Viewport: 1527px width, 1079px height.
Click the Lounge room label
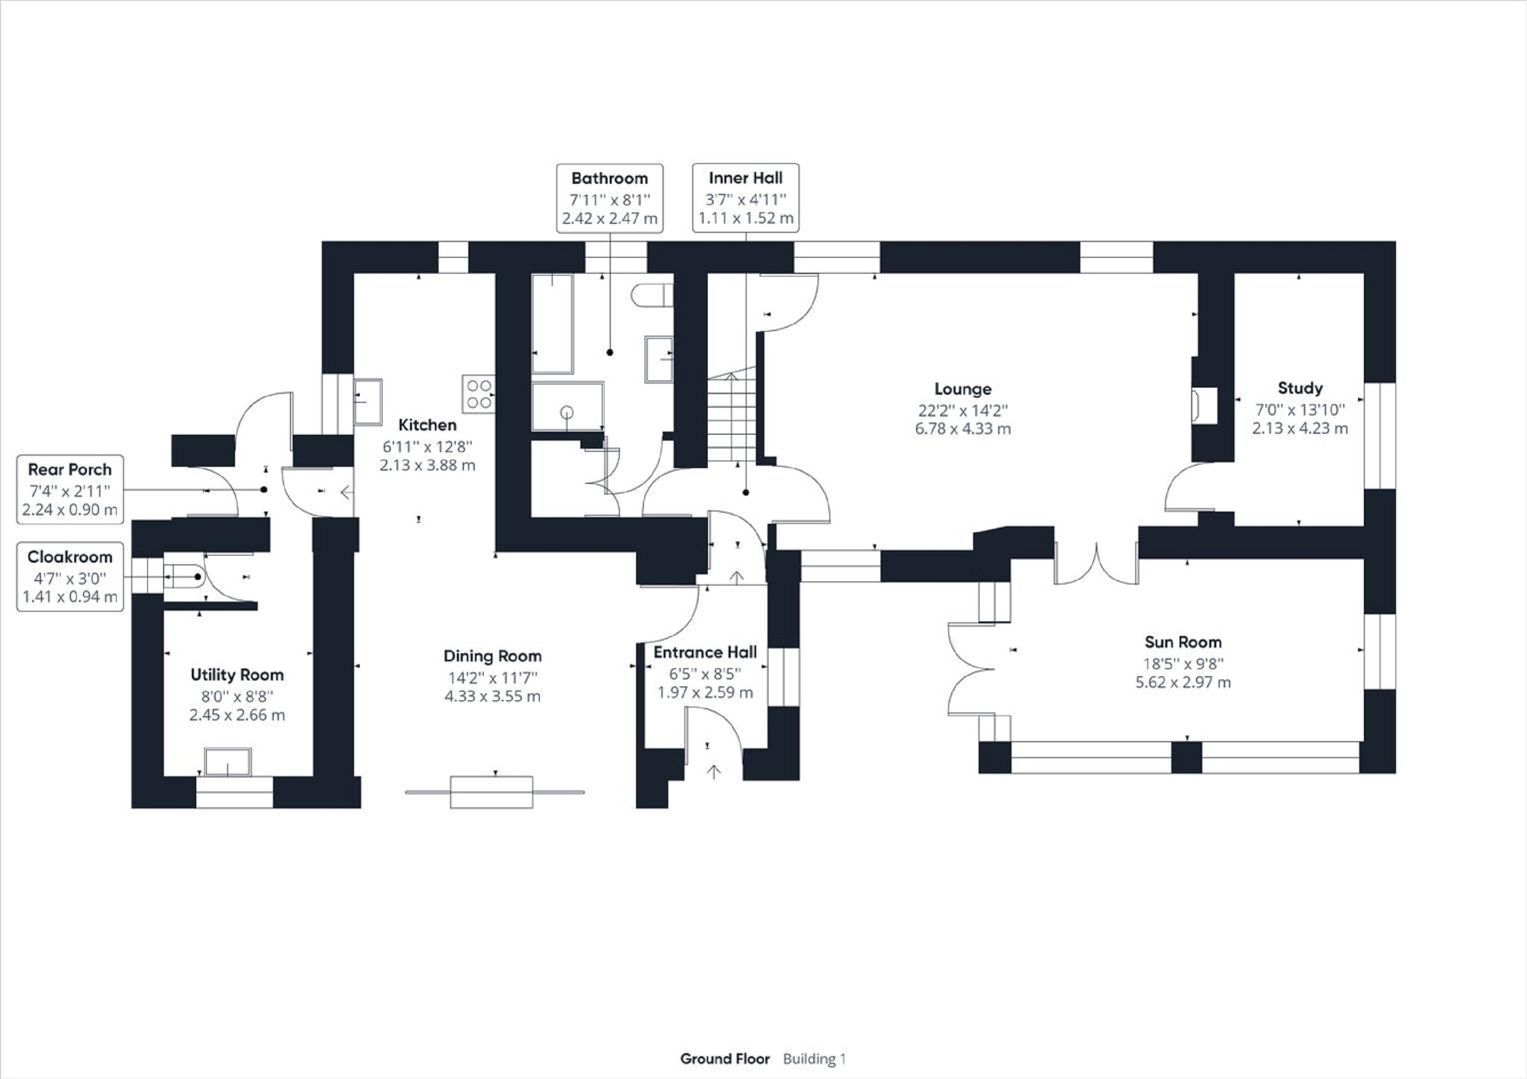pos(963,389)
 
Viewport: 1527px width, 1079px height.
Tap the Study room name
pos(1300,387)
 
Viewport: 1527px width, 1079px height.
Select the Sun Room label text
pos(1183,642)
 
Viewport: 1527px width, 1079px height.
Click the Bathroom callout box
pos(609,198)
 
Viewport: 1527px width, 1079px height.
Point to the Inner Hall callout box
pos(745,198)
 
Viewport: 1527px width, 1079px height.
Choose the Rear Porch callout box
pos(70,489)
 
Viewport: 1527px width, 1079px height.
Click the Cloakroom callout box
pos(70,577)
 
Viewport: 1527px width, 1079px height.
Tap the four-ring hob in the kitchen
pos(478,394)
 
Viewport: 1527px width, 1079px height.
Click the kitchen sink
pos(367,401)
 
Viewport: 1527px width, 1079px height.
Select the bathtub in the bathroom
pos(552,323)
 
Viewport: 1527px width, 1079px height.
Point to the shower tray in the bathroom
pos(567,405)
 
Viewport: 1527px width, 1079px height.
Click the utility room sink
pos(227,762)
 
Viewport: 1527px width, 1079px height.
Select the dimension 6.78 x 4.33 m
pos(963,429)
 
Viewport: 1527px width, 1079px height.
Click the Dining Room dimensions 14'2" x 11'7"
pos(492,678)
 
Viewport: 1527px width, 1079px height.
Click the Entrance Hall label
pos(705,653)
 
